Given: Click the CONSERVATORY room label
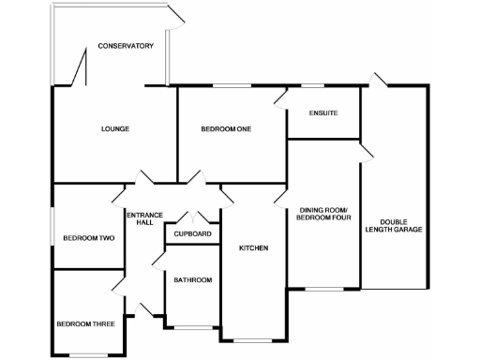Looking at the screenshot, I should click(125, 46).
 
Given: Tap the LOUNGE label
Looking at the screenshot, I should click(114, 128).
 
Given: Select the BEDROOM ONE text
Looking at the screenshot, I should click(226, 128).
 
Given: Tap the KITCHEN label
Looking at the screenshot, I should click(253, 248).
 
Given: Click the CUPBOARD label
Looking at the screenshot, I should click(192, 234).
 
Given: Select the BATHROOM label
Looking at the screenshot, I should click(192, 280).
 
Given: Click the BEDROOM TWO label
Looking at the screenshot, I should click(88, 238).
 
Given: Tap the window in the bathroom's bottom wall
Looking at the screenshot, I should click(192, 327).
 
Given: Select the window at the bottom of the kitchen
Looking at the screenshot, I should click(251, 339).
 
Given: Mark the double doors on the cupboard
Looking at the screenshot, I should click(192, 217).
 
